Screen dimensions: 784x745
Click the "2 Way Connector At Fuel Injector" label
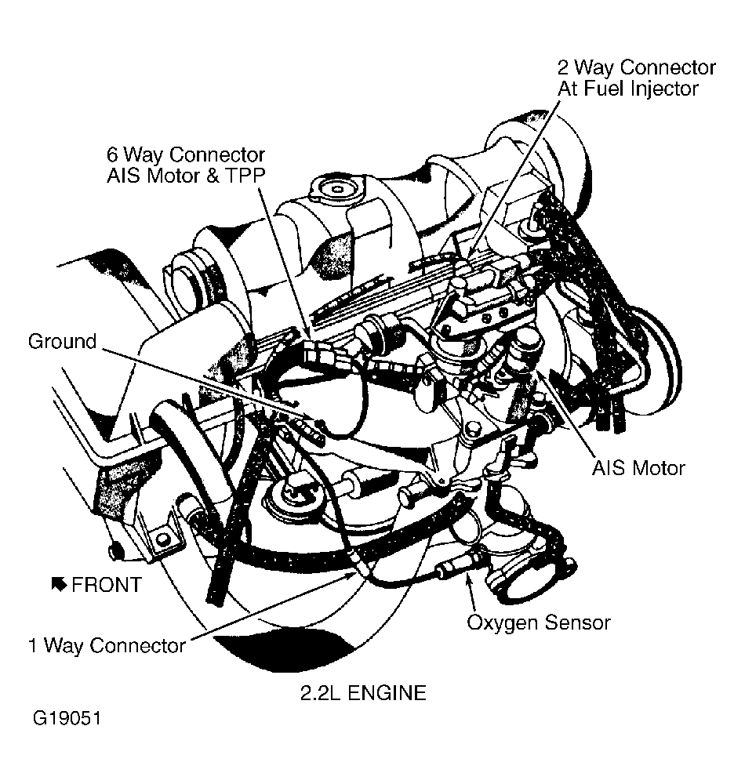pos(636,78)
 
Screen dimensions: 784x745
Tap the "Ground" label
pos(62,342)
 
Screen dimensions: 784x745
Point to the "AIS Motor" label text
pos(638,468)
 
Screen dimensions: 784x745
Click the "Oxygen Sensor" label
pos(538,622)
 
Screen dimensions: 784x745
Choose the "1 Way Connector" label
pos(107,645)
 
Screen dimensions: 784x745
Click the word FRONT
pos(107,585)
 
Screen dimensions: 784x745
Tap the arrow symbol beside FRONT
pos(58,584)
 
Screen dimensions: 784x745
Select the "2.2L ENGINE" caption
pos(362,693)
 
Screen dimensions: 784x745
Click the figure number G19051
pos(67,719)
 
